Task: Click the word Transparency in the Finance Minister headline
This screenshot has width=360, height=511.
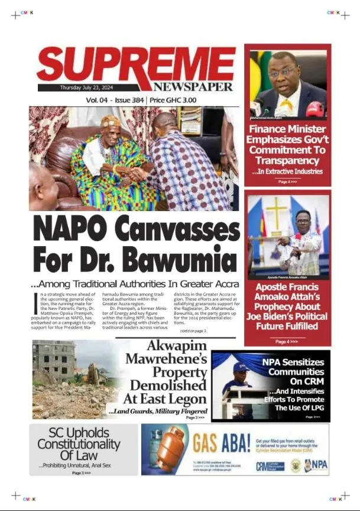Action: pos(287,161)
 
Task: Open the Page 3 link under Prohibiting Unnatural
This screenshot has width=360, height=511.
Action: pos(82,473)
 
